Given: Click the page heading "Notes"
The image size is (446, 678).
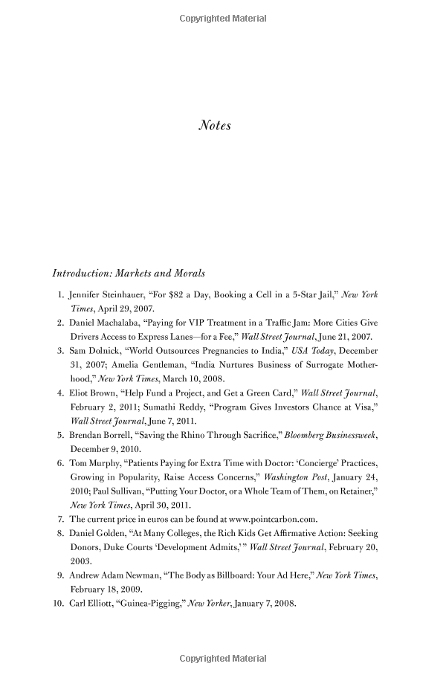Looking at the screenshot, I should click(215, 126).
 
